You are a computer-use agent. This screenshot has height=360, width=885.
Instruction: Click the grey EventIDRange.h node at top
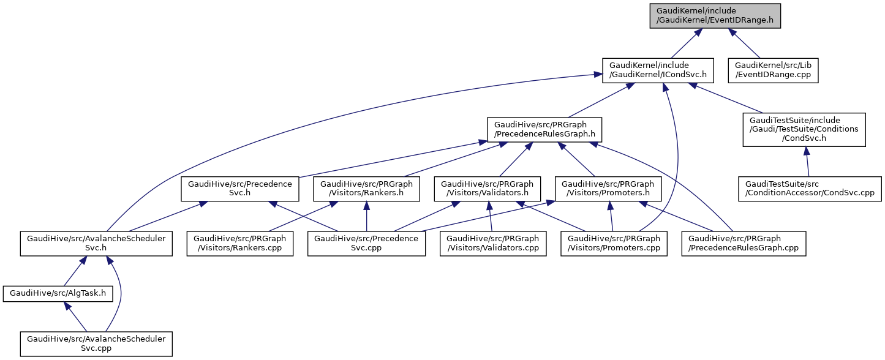(715, 15)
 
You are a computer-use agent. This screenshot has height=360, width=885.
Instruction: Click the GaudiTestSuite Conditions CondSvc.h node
(804, 129)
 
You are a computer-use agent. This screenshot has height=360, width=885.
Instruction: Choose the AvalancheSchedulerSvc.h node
(96, 244)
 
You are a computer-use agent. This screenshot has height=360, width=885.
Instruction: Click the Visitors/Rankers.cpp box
(240, 244)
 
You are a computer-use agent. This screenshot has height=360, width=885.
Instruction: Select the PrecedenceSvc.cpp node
(366, 244)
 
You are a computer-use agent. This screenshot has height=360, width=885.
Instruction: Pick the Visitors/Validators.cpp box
(493, 244)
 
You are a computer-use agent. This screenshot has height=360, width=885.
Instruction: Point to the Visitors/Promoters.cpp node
(614, 244)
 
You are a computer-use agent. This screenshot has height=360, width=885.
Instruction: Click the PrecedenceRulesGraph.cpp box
(744, 244)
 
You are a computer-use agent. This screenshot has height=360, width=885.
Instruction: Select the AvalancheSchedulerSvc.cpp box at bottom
(96, 343)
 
